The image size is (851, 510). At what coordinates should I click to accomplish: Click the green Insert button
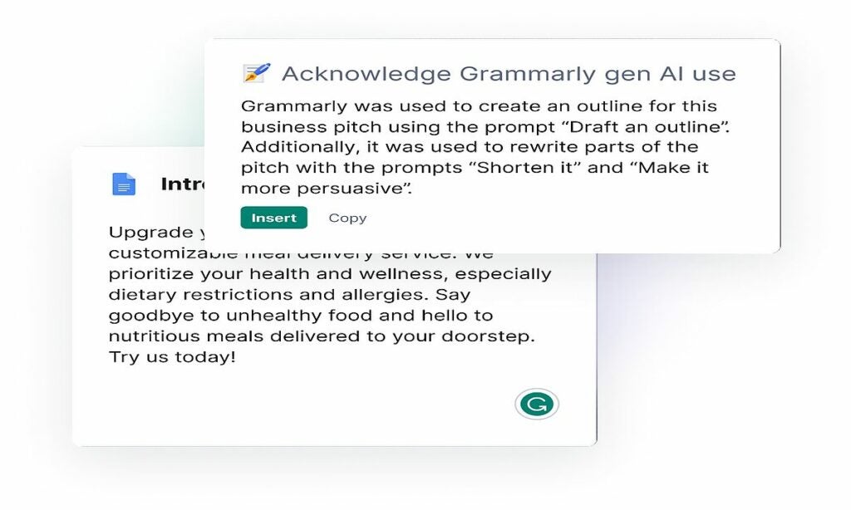pyautogui.click(x=273, y=218)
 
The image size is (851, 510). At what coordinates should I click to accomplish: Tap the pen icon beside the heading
pyautogui.click(x=256, y=73)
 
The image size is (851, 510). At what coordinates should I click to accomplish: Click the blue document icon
pyautogui.click(x=124, y=184)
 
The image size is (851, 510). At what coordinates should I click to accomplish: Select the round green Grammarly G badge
pyautogui.click(x=536, y=405)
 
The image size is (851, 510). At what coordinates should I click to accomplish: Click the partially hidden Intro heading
pyautogui.click(x=182, y=184)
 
